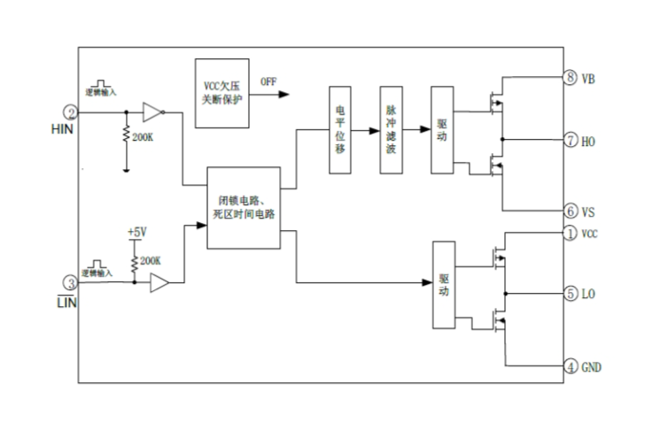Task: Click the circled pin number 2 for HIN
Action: (x=70, y=112)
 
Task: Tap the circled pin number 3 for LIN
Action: (x=70, y=283)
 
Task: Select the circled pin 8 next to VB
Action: (x=571, y=78)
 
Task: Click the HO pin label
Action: (x=589, y=141)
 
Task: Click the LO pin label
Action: (x=589, y=293)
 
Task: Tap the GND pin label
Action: (x=592, y=365)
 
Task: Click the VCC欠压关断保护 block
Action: (x=222, y=93)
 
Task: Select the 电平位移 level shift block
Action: (x=341, y=130)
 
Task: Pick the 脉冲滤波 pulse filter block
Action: (x=391, y=130)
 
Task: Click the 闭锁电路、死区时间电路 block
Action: (x=244, y=207)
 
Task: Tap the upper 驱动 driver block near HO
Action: (x=441, y=130)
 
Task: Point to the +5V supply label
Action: (x=136, y=232)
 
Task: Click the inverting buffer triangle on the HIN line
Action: (x=152, y=112)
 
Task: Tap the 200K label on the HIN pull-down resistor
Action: (x=144, y=138)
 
